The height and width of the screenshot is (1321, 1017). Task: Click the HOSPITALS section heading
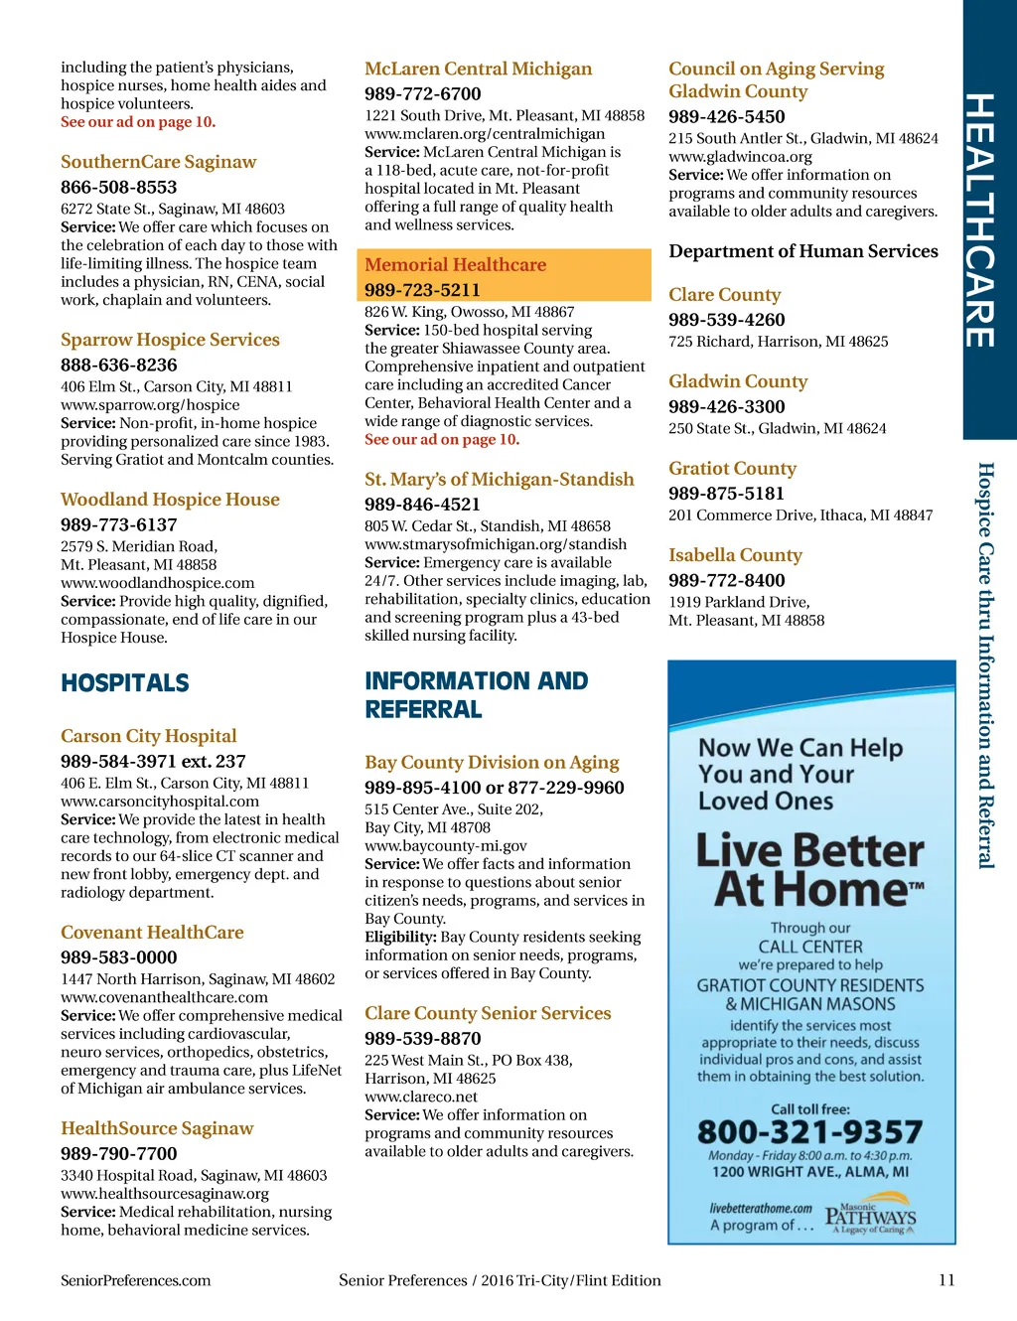click(x=125, y=683)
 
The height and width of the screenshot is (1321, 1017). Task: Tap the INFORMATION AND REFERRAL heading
click(x=476, y=694)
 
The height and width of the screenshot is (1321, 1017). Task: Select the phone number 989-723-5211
click(x=422, y=290)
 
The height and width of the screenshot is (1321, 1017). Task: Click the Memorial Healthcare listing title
click(x=455, y=265)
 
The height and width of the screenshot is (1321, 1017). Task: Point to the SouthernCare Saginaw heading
click(x=158, y=162)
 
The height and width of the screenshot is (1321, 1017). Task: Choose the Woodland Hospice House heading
click(x=170, y=500)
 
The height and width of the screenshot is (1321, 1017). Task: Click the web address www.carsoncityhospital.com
click(x=160, y=802)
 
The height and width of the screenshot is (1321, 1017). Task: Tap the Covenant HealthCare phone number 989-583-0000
click(x=118, y=957)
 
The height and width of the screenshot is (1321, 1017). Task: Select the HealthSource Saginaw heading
click(x=157, y=1128)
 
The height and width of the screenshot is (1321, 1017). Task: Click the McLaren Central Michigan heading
click(x=478, y=70)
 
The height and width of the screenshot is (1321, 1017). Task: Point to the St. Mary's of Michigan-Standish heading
click(x=499, y=480)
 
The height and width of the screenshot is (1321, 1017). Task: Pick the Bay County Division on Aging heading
click(x=492, y=763)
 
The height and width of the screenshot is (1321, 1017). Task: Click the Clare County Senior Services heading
click(x=488, y=1013)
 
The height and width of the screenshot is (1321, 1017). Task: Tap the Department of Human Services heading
click(x=802, y=251)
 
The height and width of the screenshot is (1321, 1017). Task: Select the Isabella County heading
click(x=735, y=555)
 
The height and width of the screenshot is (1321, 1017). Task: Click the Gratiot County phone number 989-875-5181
click(x=726, y=494)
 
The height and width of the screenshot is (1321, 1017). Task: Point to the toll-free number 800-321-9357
click(x=809, y=1132)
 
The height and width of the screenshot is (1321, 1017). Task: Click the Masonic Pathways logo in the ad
click(x=870, y=1218)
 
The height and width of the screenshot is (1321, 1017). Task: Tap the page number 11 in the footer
click(x=946, y=1280)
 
